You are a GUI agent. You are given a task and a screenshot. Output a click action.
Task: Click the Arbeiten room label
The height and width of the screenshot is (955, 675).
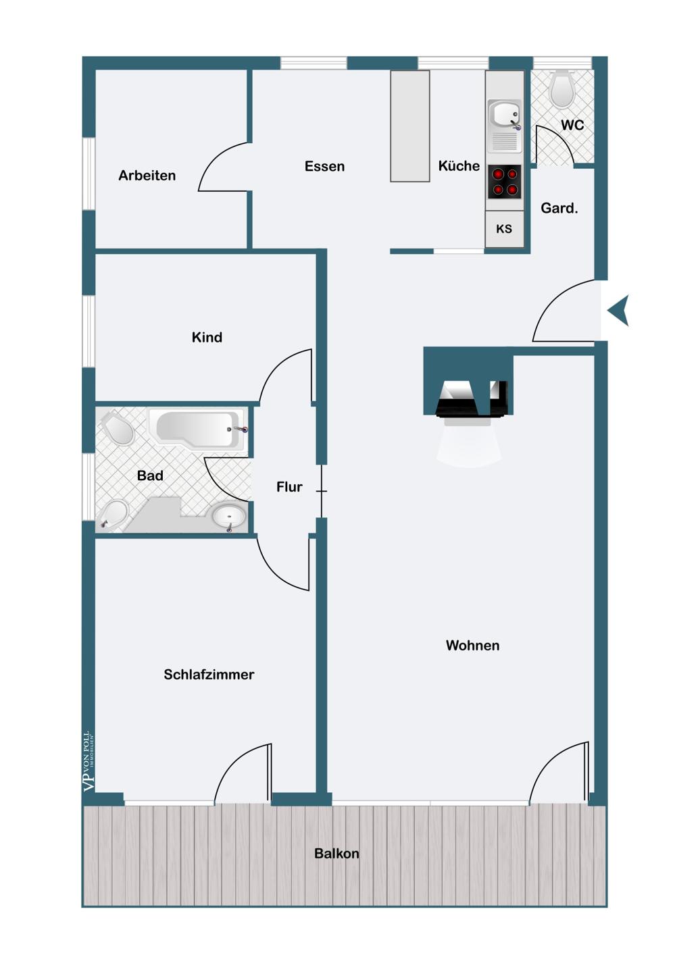pos(147,176)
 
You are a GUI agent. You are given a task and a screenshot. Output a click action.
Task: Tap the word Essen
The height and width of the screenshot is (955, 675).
pos(324,166)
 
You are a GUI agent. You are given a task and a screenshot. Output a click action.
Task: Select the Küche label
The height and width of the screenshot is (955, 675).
pos(459,166)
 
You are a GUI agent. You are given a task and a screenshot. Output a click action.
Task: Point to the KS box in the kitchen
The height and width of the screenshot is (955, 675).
pos(504,229)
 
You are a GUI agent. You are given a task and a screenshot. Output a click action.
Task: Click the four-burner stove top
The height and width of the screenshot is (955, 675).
pos(505,182)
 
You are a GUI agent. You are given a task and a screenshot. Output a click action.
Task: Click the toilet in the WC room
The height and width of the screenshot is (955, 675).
pos(562,89)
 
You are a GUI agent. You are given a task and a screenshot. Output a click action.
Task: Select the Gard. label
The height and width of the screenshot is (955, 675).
pos(559,209)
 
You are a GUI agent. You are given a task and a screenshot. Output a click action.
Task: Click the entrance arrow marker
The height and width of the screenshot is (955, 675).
pos(619,311)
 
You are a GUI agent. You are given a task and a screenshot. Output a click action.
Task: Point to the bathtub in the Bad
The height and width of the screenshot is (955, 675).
pos(198,428)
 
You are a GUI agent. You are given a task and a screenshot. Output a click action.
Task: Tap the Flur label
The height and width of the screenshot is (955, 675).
pos(289,487)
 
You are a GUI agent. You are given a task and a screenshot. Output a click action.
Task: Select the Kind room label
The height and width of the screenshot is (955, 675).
pos(207,338)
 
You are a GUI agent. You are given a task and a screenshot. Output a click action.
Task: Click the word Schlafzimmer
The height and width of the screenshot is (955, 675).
pos(209,675)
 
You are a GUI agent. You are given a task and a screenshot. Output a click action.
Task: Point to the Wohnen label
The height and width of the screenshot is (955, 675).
pos(472,646)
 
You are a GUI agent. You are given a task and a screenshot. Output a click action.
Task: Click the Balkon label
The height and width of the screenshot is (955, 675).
pos(336,854)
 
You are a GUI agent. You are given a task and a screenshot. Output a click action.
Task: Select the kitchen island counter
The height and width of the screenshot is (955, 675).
pos(410,126)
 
